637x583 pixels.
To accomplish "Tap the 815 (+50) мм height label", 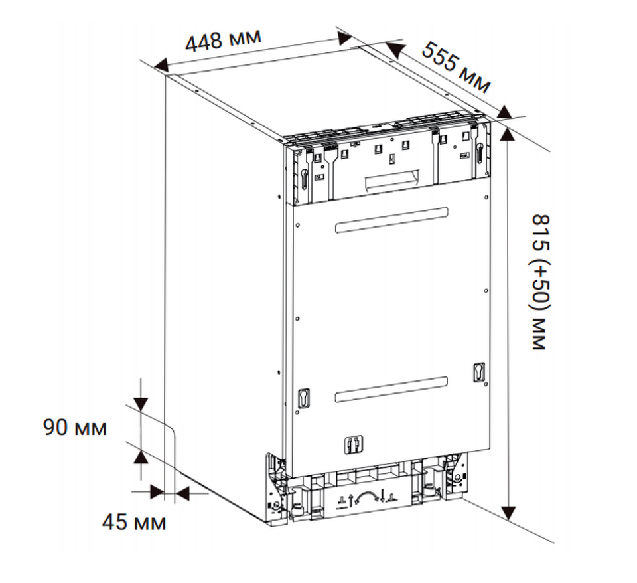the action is (541, 282).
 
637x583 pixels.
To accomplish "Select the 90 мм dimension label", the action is (75, 427).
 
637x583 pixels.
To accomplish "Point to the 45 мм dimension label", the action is (133, 522).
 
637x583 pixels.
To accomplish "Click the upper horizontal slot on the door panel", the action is (391, 220).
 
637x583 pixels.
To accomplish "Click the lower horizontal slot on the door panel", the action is (391, 390).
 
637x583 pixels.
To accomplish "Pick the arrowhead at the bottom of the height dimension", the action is (508, 513).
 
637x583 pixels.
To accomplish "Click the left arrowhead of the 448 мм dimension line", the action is (161, 66).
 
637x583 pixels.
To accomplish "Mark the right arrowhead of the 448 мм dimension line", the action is (345, 39).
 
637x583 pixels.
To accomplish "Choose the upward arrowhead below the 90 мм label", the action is (141, 457).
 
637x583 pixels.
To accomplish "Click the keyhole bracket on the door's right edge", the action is (479, 372).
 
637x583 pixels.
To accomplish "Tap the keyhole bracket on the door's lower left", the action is (303, 398).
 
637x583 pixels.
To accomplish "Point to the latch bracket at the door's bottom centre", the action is (354, 444).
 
